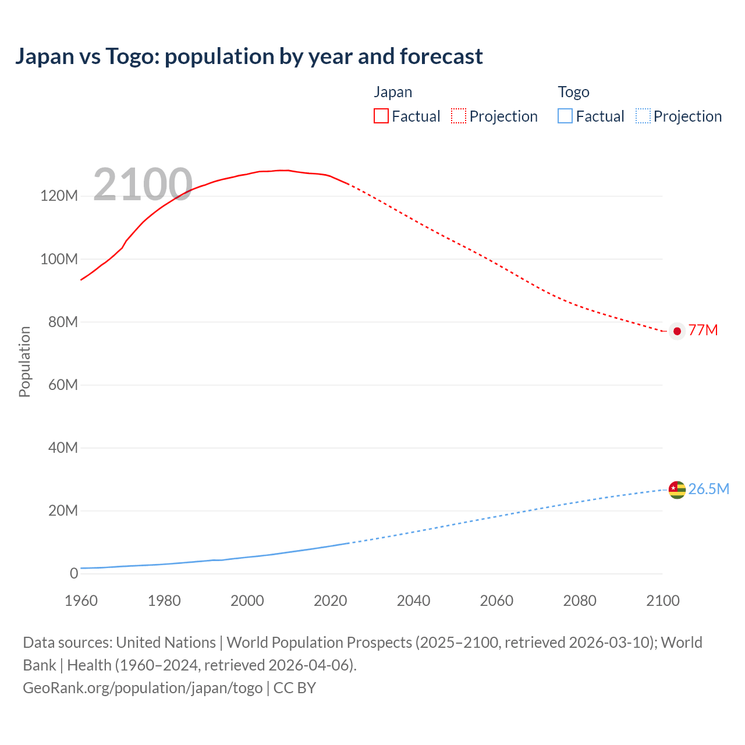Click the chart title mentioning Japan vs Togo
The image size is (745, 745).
click(x=249, y=56)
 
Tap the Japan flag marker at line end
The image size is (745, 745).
click(x=677, y=331)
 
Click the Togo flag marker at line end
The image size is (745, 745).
click(x=677, y=489)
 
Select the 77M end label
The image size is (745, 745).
click(x=703, y=330)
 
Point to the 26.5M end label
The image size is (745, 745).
click(x=708, y=489)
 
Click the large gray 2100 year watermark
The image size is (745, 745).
click(x=143, y=185)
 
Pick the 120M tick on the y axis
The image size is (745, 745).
click(x=59, y=196)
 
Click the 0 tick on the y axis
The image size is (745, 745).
click(x=74, y=573)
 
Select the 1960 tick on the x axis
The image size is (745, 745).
click(x=81, y=601)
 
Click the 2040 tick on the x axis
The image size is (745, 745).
click(x=413, y=601)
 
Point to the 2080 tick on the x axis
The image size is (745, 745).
click(x=580, y=601)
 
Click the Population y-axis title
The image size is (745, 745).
click(x=24, y=361)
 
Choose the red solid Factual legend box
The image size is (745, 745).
click(x=381, y=116)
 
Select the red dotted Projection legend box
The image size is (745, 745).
click(x=459, y=116)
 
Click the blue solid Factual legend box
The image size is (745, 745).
click(x=565, y=116)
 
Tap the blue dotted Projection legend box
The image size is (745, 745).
click(x=643, y=116)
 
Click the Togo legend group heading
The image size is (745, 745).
click(x=573, y=92)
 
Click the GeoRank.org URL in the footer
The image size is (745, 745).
click(x=143, y=687)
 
